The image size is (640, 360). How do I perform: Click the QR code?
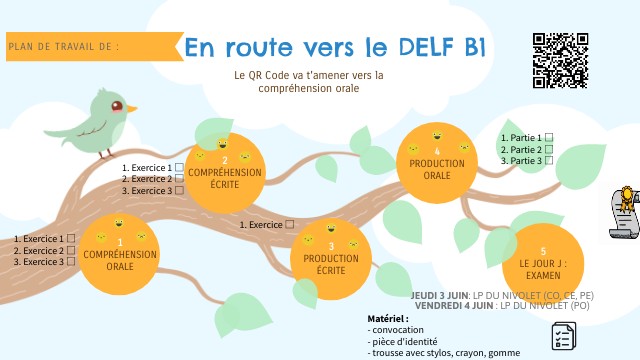click(x=560, y=61)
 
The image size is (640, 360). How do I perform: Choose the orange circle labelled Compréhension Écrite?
click(x=225, y=172)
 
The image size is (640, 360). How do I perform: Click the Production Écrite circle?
click(x=331, y=257)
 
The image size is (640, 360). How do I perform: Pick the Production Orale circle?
click(x=437, y=165)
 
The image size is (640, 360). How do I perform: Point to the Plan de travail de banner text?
click(x=63, y=46)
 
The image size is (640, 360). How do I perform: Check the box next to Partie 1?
click(x=549, y=138)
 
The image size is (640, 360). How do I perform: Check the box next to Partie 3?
click(x=549, y=160)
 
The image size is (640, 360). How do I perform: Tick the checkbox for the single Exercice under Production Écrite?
click(x=290, y=225)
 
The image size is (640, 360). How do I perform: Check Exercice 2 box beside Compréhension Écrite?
click(x=180, y=178)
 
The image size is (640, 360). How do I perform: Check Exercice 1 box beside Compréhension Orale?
click(x=71, y=239)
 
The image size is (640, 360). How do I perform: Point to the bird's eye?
click(x=118, y=104)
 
